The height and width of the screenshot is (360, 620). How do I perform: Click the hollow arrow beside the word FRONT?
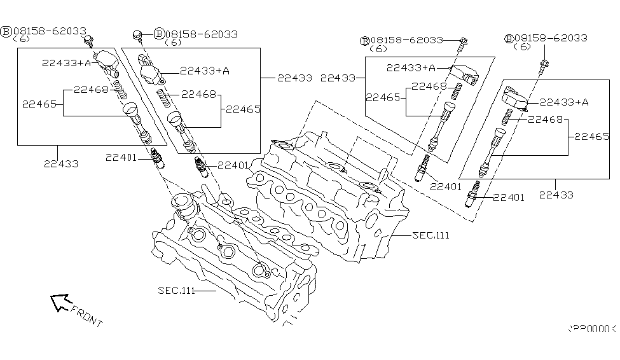pyautogui.click(x=60, y=302)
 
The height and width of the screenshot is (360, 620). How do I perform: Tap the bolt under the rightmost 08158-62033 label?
pyautogui.click(x=544, y=64)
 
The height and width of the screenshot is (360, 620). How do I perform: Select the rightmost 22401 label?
pyautogui.click(x=508, y=198)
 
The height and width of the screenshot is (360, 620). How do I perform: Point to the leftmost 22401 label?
pyautogui.click(x=122, y=158)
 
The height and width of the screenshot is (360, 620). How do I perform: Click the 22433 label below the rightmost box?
pyautogui.click(x=555, y=195)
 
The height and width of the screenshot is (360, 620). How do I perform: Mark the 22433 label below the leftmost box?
pyautogui.click(x=61, y=163)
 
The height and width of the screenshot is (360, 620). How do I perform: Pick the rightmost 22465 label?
pyautogui.click(x=592, y=136)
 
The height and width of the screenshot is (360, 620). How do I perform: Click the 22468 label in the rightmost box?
pyautogui.click(x=544, y=119)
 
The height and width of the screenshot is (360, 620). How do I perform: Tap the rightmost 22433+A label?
pyautogui.click(x=565, y=102)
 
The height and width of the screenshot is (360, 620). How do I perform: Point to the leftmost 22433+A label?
pyautogui.click(x=67, y=63)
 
